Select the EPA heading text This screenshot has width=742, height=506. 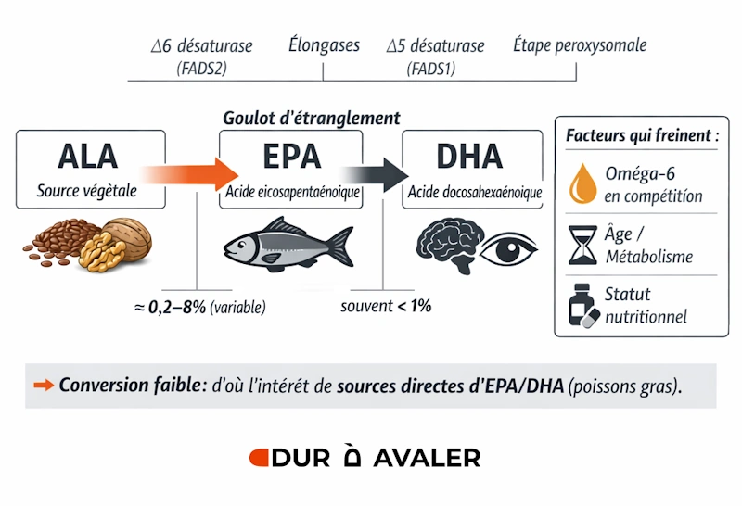click(x=289, y=156)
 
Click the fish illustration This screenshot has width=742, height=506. click(x=288, y=244)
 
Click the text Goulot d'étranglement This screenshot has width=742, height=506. click(x=312, y=119)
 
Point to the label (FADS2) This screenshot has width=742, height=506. click(x=200, y=68)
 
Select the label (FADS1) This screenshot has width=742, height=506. click(x=430, y=68)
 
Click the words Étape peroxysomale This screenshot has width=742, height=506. click(x=580, y=45)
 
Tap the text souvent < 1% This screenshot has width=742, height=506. click(x=385, y=305)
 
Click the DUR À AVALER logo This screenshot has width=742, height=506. click(x=365, y=458)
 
